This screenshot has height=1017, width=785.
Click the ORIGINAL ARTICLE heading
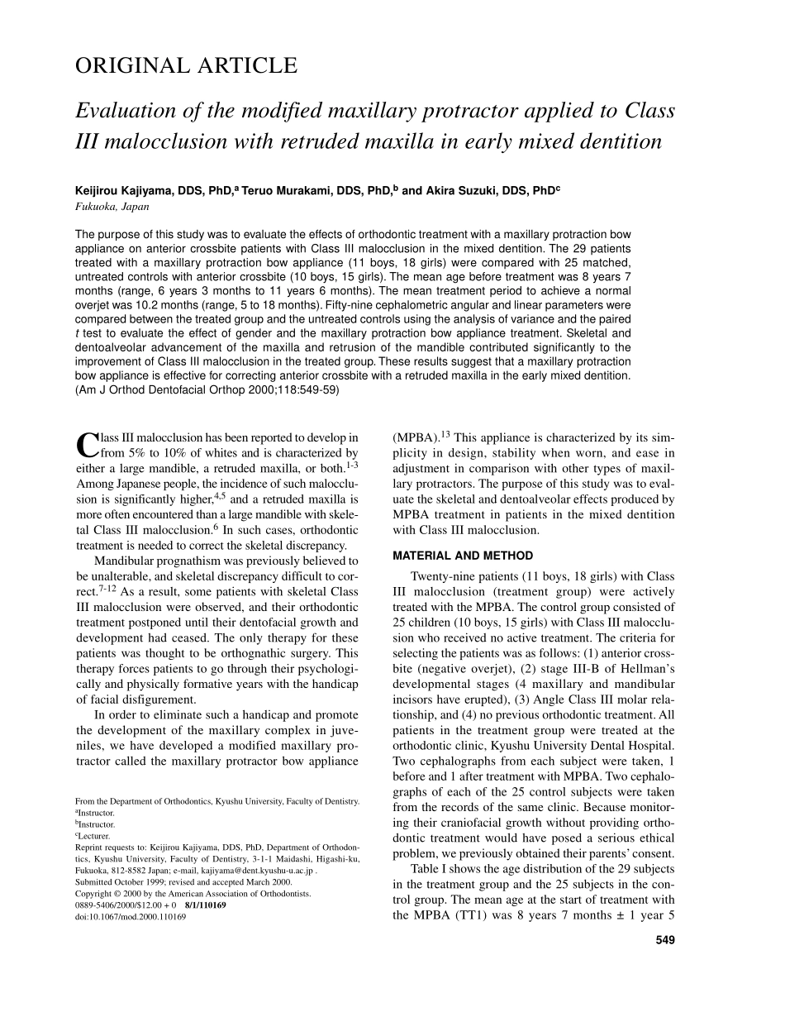coord(186,66)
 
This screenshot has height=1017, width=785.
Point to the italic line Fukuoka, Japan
coord(112,207)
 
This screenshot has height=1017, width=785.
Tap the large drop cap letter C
coord(88,446)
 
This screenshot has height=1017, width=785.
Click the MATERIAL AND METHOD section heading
coord(463,556)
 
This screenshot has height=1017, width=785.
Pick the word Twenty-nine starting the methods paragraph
coord(444,576)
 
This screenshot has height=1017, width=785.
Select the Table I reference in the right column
coord(433,869)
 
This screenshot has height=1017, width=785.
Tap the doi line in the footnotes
coord(131,917)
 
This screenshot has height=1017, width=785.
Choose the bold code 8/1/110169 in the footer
coord(206,905)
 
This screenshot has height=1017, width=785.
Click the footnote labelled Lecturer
coord(98,836)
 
